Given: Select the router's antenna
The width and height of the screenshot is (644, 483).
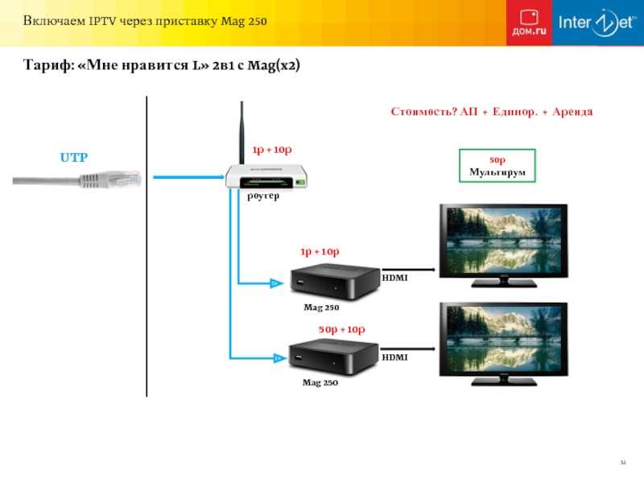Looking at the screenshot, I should [x=242, y=134].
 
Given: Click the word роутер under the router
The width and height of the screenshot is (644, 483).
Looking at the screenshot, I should [x=263, y=196].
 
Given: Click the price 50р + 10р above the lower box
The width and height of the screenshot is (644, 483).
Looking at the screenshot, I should [x=342, y=330].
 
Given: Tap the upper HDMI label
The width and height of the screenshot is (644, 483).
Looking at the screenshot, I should [x=394, y=277].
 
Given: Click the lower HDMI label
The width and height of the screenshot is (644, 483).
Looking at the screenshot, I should [x=394, y=355].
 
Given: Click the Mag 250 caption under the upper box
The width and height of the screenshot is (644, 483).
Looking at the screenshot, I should [x=320, y=308].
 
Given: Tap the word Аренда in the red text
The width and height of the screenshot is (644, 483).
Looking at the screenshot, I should [x=572, y=112].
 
